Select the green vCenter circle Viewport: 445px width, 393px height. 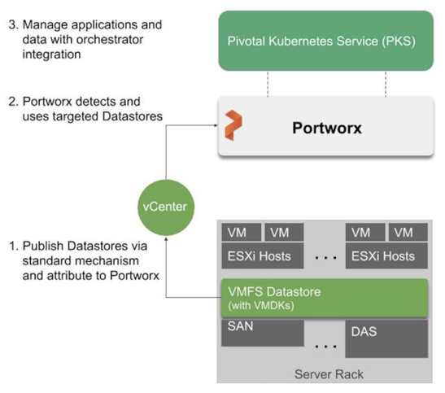tap(166, 207)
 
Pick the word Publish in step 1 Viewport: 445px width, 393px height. tap(40, 247)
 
